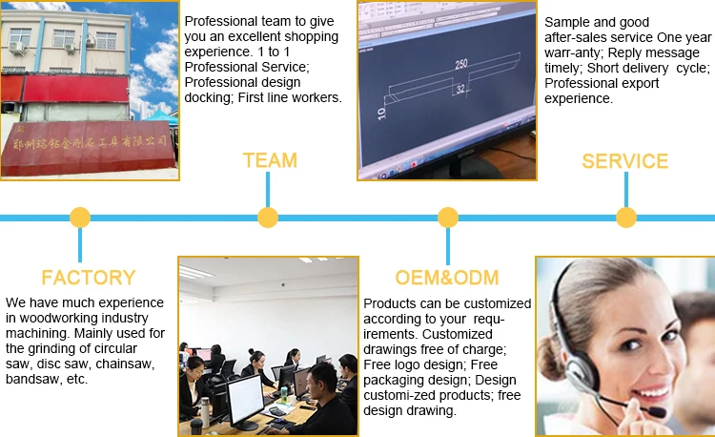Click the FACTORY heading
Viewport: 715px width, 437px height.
pyautogui.click(x=89, y=278)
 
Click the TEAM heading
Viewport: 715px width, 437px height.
pyautogui.click(x=269, y=160)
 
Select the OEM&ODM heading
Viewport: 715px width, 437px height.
pyautogui.click(x=447, y=278)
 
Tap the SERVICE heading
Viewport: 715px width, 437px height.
pyautogui.click(x=624, y=160)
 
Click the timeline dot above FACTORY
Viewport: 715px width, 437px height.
pyautogui.click(x=80, y=218)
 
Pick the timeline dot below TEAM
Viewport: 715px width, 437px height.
pyautogui.click(x=268, y=218)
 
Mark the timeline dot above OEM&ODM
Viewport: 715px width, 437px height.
pyautogui.click(x=447, y=218)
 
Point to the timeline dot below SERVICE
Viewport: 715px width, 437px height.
pyautogui.click(x=625, y=218)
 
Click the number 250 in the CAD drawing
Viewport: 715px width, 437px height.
pyautogui.click(x=462, y=65)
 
